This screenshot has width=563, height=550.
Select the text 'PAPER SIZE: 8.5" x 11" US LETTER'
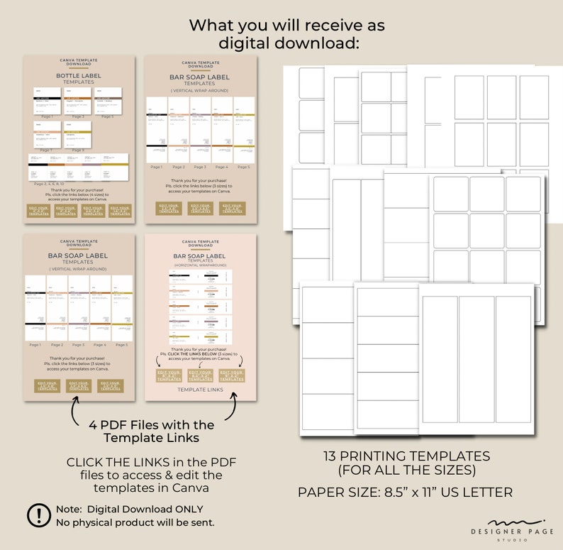[x=405, y=492]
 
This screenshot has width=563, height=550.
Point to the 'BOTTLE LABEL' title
[x=78, y=75]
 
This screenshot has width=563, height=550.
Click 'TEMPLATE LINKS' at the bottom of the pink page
[x=200, y=390]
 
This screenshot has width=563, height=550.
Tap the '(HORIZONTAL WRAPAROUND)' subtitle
[x=200, y=266]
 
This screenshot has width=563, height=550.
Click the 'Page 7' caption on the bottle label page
[x=46, y=150]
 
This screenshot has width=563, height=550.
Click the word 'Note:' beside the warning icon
[x=69, y=509]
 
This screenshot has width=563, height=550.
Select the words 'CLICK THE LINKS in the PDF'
[x=151, y=462]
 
